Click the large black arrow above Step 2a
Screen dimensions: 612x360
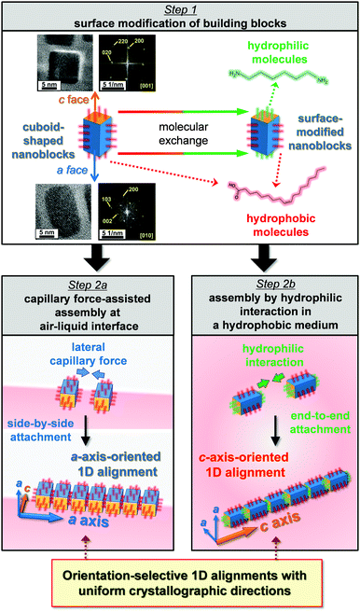coord(91,255)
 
